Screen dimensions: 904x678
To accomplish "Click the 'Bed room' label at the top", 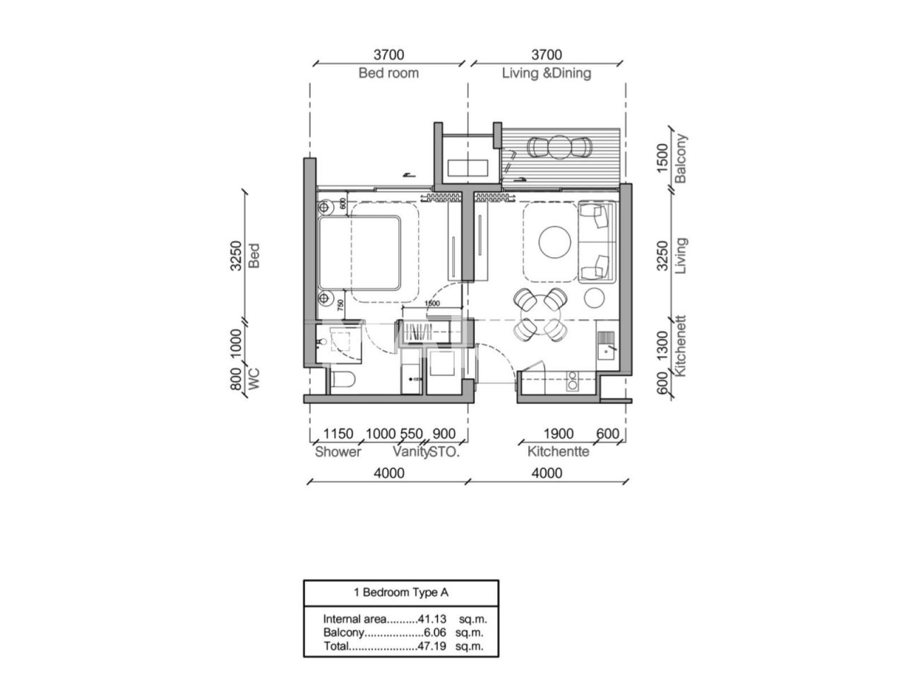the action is click(x=388, y=73).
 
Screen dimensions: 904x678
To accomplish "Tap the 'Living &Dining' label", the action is click(x=546, y=73).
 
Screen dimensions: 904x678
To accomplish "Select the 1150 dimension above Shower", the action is click(x=338, y=434).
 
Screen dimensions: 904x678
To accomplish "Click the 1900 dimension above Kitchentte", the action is click(x=558, y=434).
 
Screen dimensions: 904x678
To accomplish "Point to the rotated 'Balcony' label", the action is click(x=680, y=158).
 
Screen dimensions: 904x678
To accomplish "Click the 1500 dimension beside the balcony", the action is click(x=662, y=158).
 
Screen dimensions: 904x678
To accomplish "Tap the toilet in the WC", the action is click(x=343, y=379).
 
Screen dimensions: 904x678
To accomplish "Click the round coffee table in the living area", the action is click(x=554, y=242).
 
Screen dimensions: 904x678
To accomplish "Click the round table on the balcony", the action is click(x=559, y=147).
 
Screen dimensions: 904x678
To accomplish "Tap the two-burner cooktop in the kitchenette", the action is click(x=571, y=381).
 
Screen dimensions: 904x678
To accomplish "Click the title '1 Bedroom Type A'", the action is click(x=400, y=592).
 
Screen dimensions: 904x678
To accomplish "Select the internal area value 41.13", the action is click(x=432, y=618).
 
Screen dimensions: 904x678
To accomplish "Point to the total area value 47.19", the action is click(x=432, y=646).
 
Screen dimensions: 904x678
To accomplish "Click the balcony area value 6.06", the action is click(x=434, y=632).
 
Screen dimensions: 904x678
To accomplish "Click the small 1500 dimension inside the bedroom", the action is click(x=432, y=304).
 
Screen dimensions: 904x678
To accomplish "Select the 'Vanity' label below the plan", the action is click(x=410, y=451).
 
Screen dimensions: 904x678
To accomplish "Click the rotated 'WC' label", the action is click(x=254, y=379).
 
